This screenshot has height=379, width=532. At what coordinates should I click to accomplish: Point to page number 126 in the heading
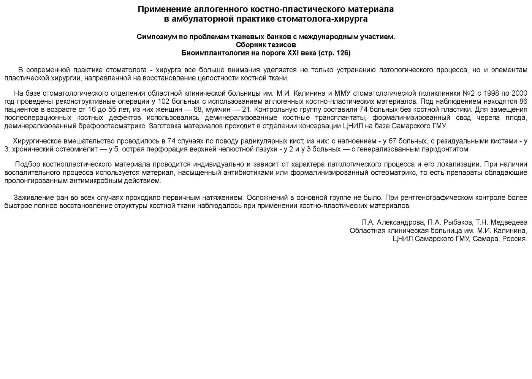coord(342,53)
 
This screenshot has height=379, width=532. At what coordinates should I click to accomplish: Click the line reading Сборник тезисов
coord(266,45)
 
